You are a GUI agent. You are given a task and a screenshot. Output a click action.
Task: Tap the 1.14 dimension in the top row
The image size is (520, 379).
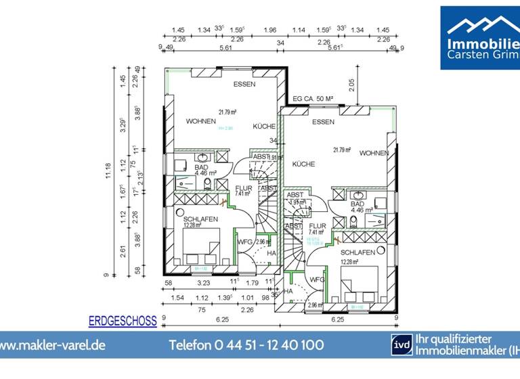299,30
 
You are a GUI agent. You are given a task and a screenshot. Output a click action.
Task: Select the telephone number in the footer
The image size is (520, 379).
246,345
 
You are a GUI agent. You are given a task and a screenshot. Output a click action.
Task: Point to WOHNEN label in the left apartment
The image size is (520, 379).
202,122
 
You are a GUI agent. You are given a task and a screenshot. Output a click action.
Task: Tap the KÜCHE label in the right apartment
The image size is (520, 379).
304,164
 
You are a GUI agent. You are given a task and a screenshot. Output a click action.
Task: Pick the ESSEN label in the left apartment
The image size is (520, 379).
244,85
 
